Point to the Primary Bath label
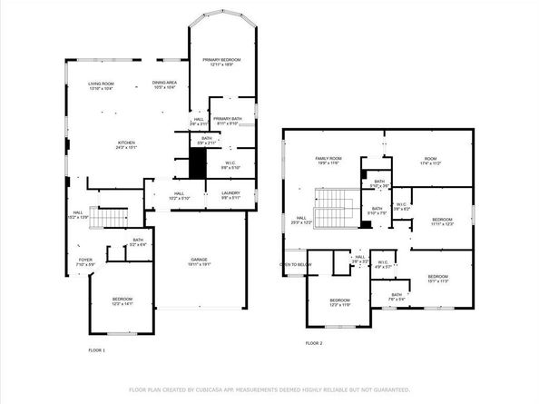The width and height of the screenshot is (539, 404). click(x=228, y=121)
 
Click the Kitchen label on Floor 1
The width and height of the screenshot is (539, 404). click(x=127, y=145)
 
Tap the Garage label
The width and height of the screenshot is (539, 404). click(x=201, y=261)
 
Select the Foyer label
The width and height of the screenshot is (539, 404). click(x=85, y=261)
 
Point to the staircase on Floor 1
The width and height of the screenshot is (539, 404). click(x=112, y=219)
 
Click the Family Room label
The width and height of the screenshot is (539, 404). click(x=327, y=160)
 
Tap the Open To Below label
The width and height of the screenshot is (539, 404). click(x=296, y=265)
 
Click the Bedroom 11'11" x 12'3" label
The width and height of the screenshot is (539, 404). click(x=442, y=222)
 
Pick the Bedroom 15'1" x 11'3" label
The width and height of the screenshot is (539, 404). click(x=438, y=278)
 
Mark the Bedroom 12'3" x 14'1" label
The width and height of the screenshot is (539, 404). click(x=122, y=301)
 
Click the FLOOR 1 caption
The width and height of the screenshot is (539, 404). click(x=97, y=350)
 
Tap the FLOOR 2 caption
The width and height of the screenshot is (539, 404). click(x=314, y=343)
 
